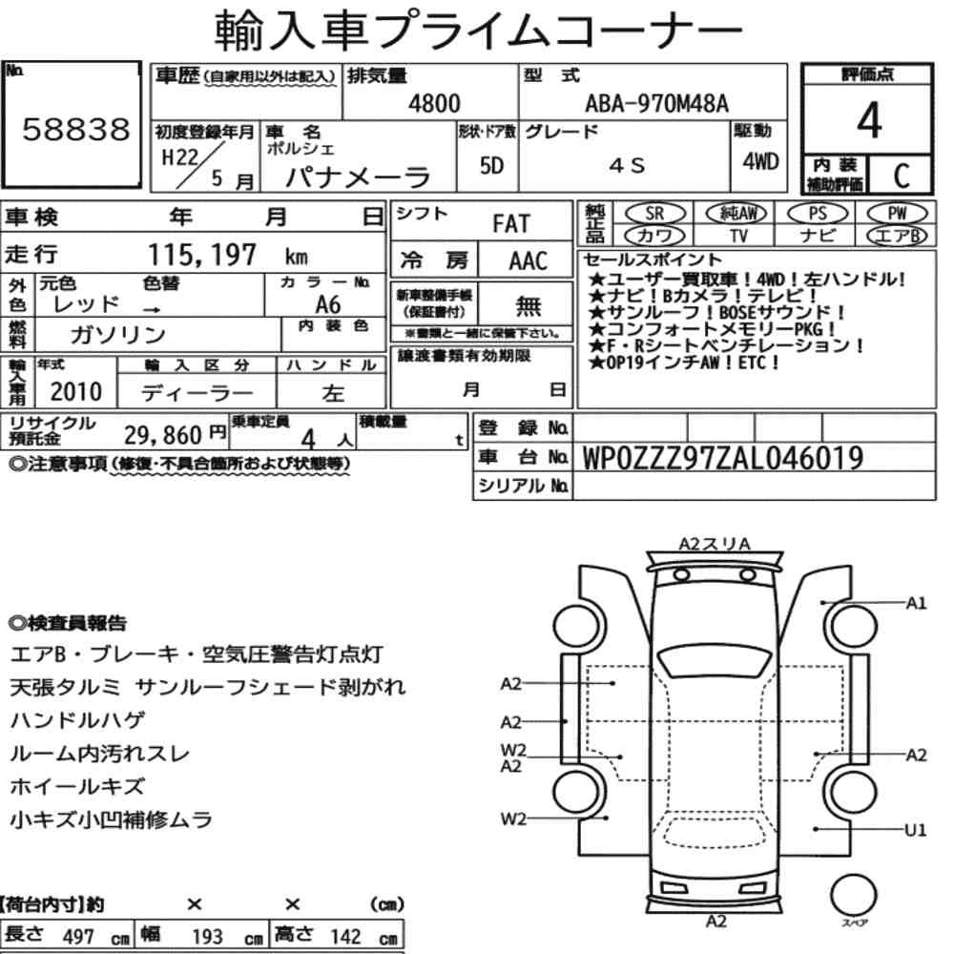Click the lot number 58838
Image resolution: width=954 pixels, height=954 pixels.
click(76, 130)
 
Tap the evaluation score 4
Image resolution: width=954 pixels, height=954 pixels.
click(869, 120)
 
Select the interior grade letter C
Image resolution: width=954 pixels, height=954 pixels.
click(902, 176)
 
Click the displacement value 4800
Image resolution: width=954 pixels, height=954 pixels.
click(434, 104)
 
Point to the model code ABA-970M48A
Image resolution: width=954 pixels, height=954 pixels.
click(656, 104)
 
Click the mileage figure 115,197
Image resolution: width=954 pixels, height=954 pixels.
click(202, 255)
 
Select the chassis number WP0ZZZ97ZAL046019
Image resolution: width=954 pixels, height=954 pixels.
click(722, 458)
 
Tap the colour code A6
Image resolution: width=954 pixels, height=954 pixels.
click(328, 304)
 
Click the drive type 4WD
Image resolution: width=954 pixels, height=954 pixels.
click(760, 162)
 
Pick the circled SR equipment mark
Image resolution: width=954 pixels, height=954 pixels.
click(655, 214)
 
